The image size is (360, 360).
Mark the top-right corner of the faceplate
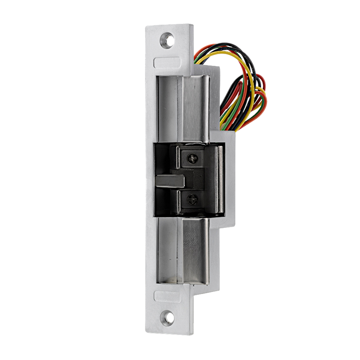click(x=191, y=26)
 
